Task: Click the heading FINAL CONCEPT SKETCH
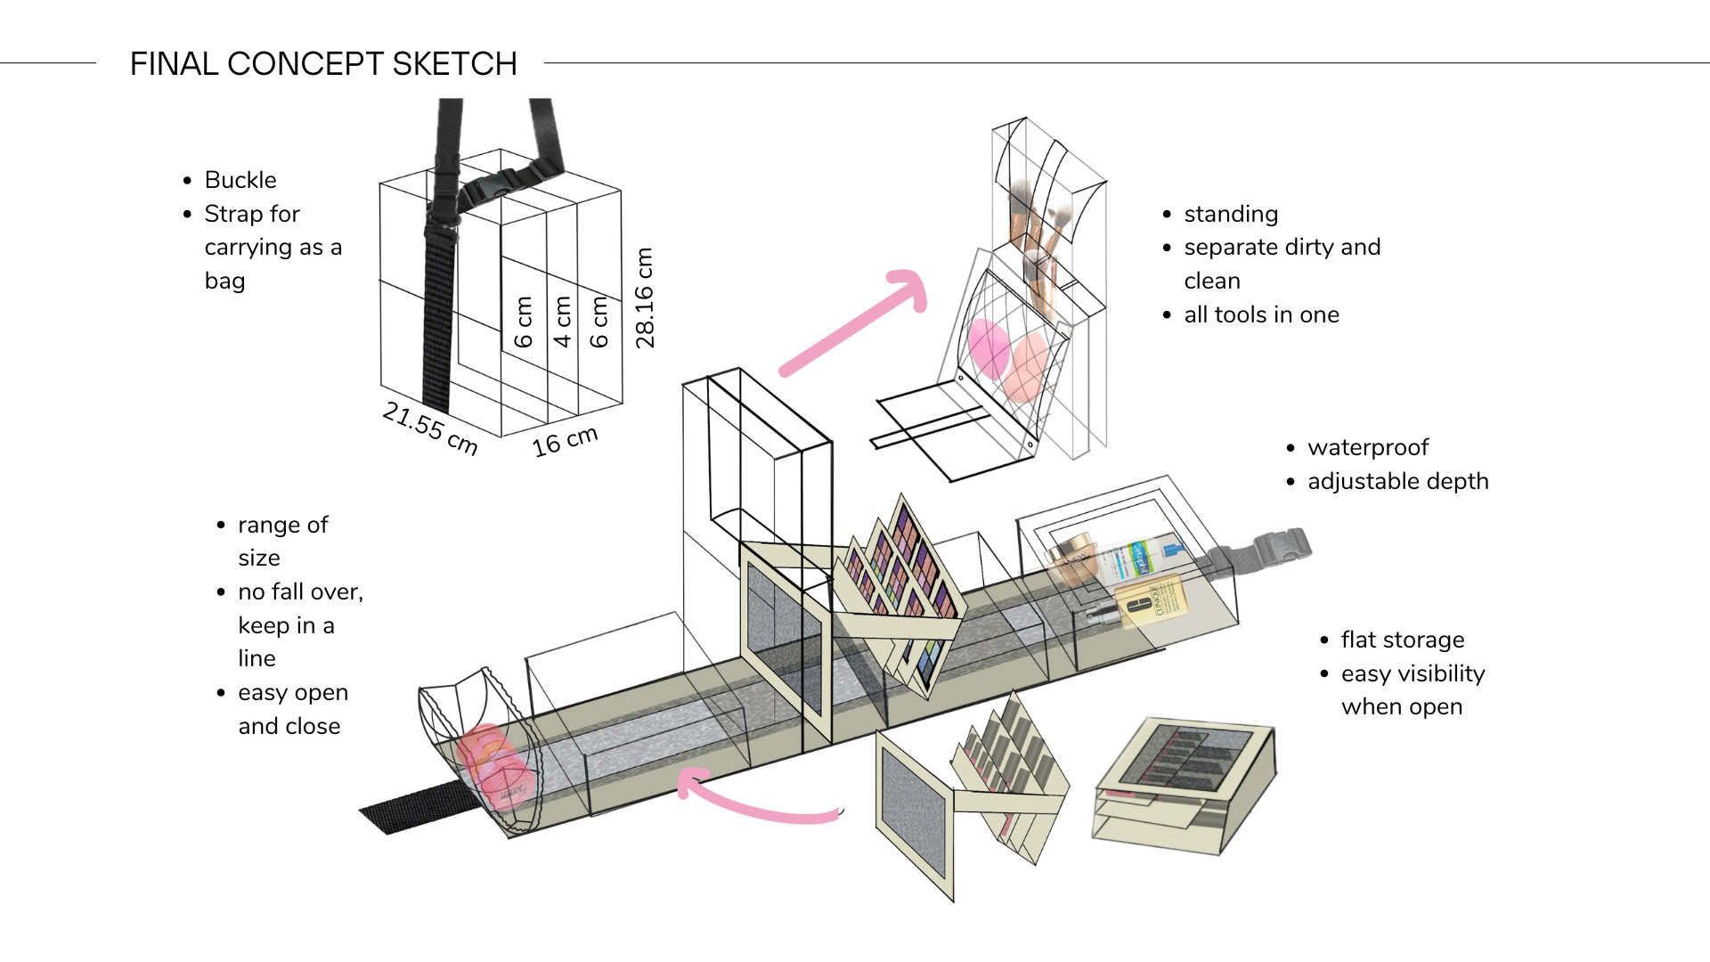pyautogui.click(x=323, y=64)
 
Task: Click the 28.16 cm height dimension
pyautogui.click(x=645, y=298)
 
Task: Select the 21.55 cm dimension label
pyautogui.click(x=430, y=428)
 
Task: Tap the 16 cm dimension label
pyautogui.click(x=565, y=441)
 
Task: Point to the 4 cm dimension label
pyautogui.click(x=562, y=322)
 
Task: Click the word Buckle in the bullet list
pyautogui.click(x=240, y=180)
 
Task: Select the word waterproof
pyautogui.click(x=1367, y=447)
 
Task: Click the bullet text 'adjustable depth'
pyautogui.click(x=1397, y=481)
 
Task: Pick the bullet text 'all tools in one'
pyautogui.click(x=1261, y=314)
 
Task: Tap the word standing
pyautogui.click(x=1231, y=214)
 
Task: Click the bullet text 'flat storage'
pyautogui.click(x=1402, y=640)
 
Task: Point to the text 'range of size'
pyautogui.click(x=282, y=541)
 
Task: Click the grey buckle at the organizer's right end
pyautogui.click(x=1279, y=546)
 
